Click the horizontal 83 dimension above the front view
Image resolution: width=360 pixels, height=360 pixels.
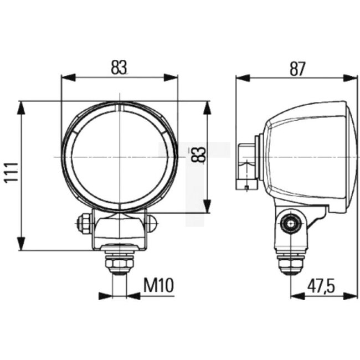click(119, 68)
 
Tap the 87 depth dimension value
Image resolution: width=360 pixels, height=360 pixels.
click(297, 68)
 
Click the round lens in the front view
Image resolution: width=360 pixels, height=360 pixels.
click(119, 157)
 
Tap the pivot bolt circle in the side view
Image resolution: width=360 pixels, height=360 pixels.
click(289, 224)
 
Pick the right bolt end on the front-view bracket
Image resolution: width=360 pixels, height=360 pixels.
click(152, 223)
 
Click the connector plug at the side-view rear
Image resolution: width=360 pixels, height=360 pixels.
click(246, 166)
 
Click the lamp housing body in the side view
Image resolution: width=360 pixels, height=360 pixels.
click(307, 155)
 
